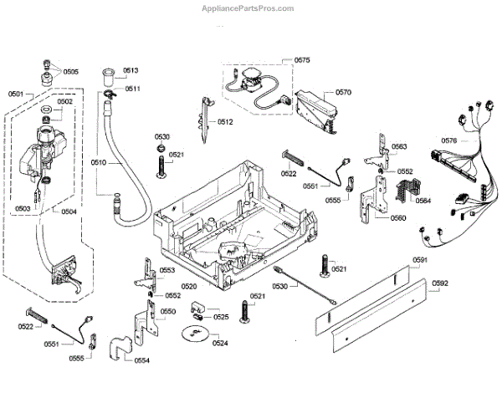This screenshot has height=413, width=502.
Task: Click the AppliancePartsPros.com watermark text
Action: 248,8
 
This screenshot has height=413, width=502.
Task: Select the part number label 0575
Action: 302,60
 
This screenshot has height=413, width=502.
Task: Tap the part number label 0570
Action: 343,93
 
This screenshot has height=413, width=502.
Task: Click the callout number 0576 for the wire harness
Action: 449,140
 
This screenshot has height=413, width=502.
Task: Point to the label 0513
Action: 131,70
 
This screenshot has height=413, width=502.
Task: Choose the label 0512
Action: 225,122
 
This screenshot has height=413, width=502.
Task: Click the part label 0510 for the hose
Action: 99,162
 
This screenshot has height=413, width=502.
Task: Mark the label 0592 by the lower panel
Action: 440,283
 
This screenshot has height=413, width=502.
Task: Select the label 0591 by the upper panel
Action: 420,260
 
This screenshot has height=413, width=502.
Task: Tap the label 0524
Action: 220,344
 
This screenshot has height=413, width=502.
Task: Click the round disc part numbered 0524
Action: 195,334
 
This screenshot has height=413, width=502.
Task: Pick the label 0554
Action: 142,360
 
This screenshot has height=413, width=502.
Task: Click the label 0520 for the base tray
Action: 189,286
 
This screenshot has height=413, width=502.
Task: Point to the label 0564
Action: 423,201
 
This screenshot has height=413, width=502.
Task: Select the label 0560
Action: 398,218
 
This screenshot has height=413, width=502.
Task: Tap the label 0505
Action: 71,72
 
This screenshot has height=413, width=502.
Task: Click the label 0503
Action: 23,208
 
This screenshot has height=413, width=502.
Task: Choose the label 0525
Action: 221,317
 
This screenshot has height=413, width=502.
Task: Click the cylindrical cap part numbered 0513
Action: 108,76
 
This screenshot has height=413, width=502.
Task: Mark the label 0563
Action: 399,146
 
